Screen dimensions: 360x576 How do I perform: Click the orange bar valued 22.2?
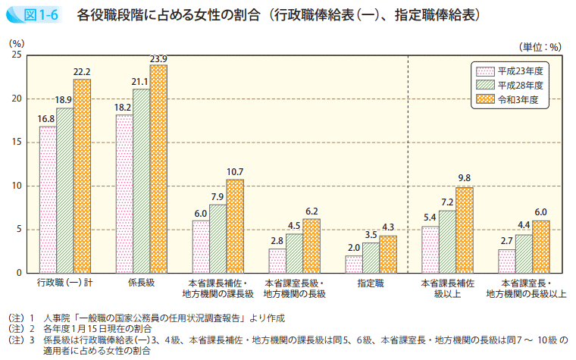(x=82, y=176)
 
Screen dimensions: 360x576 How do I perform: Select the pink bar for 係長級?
(x=124, y=194)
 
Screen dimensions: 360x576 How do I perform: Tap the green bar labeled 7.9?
(x=218, y=239)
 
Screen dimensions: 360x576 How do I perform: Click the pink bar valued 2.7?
(x=506, y=261)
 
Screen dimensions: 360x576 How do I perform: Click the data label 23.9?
(x=158, y=59)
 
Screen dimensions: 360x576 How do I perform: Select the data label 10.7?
(x=235, y=173)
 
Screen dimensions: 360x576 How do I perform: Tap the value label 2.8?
(x=277, y=242)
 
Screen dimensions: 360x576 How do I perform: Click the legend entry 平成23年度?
(x=516, y=69)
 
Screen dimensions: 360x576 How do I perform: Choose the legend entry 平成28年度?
(x=516, y=84)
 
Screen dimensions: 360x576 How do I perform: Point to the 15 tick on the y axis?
(x=17, y=142)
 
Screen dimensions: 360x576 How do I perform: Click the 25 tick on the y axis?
(x=17, y=55)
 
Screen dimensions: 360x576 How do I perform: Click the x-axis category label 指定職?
(x=370, y=282)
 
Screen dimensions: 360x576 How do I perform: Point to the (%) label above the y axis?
(x=17, y=45)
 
